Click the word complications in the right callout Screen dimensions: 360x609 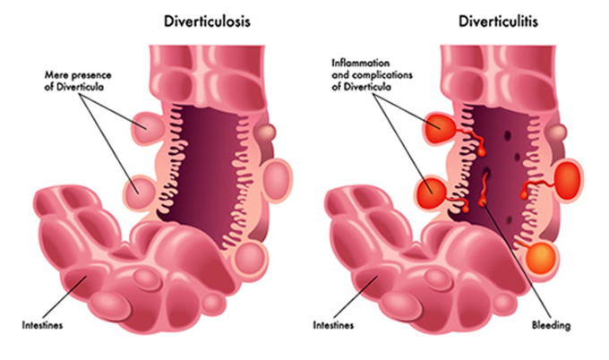377,73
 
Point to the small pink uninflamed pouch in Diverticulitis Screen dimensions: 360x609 558,133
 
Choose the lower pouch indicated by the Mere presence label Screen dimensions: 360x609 139,190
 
